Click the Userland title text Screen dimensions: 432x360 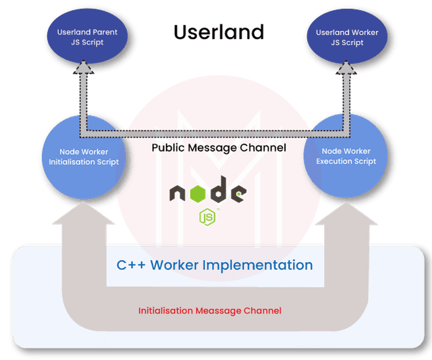click(219, 32)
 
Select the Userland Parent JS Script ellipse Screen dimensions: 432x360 click(87, 36)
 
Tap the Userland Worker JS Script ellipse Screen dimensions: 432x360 click(347, 36)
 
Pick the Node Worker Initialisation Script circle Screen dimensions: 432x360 click(84, 157)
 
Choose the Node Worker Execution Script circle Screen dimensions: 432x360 click(346, 156)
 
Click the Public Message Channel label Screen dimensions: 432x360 click(219, 148)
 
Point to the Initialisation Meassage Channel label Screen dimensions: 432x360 click(210, 311)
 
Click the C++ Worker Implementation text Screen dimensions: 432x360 click(215, 265)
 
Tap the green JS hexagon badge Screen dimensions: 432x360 click(207, 217)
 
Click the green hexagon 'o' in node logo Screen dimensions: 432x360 click(198, 194)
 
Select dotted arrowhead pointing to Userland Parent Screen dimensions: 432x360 click(84, 67)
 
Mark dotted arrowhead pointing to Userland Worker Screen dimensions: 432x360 click(346, 68)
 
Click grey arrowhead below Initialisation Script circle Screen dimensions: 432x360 click(84, 213)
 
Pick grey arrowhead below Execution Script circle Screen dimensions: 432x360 click(346, 213)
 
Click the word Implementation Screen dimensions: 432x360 click(258, 265)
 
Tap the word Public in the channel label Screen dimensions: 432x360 click(168, 147)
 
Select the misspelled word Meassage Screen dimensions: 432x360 click(218, 311)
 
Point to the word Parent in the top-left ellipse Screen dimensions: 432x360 click(105, 32)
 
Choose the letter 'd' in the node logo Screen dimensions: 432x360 click(219, 189)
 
